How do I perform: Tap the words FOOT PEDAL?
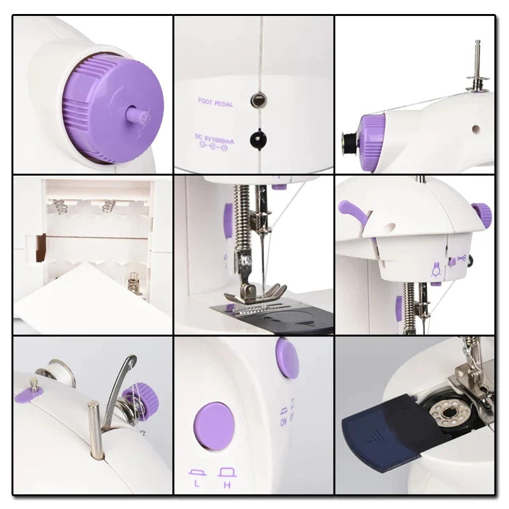pyautogui.click(x=215, y=101)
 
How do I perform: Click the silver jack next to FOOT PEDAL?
pyautogui.click(x=258, y=99)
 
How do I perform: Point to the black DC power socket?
pyautogui.click(x=258, y=137)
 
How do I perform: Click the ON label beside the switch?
pyautogui.click(x=284, y=415)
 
